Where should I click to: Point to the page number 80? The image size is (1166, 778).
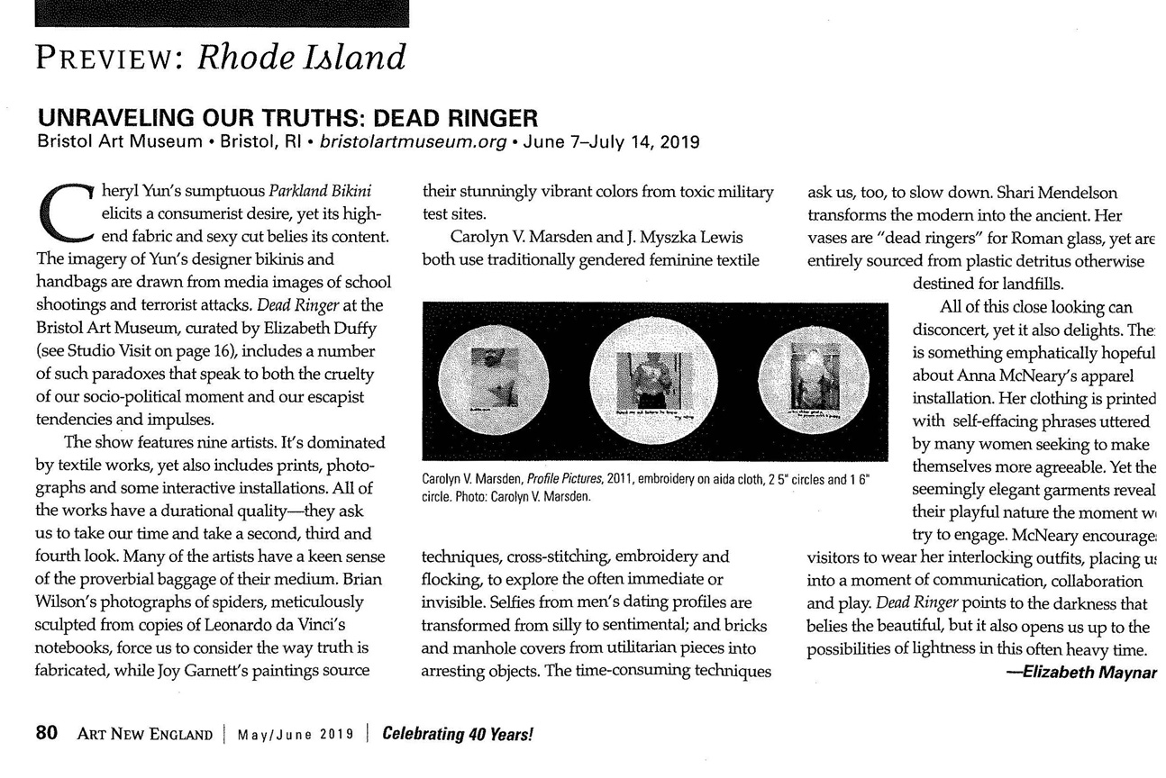pyautogui.click(x=47, y=733)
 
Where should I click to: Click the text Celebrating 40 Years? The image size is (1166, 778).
pyautogui.click(x=459, y=733)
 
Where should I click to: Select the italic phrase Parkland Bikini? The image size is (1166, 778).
pyautogui.click(x=320, y=193)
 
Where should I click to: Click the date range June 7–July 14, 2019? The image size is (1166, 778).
pyautogui.click(x=615, y=141)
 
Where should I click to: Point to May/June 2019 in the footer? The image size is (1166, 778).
pyautogui.click(x=295, y=734)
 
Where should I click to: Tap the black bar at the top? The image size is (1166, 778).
pyautogui.click(x=222, y=13)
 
